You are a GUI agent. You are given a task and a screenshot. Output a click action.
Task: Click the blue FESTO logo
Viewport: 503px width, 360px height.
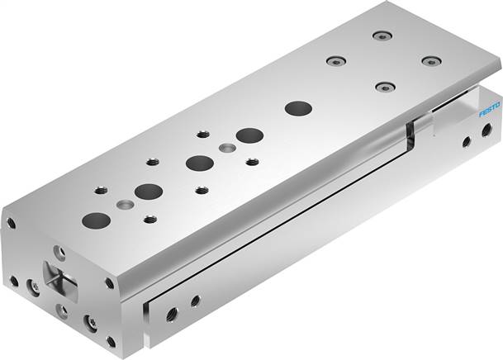[490, 109]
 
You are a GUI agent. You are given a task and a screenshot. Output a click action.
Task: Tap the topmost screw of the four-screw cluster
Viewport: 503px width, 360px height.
[382, 36]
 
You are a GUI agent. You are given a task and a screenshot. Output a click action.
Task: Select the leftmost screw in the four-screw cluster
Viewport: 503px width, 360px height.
[336, 60]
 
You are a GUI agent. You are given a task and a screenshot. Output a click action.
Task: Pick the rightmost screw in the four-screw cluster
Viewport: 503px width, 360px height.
[431, 60]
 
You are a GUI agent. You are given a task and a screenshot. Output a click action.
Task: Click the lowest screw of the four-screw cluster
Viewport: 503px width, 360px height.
[385, 87]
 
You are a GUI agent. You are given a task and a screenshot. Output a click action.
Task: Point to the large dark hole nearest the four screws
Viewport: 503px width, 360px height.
[298, 108]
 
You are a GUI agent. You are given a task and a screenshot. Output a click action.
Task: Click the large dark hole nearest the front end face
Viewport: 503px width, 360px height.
[97, 220]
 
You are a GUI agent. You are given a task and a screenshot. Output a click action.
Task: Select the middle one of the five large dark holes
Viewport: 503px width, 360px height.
[200, 163]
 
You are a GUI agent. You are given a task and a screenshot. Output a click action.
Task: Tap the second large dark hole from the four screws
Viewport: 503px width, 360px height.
[250, 135]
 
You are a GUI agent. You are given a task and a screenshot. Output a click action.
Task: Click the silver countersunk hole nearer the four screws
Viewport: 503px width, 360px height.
[227, 148]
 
